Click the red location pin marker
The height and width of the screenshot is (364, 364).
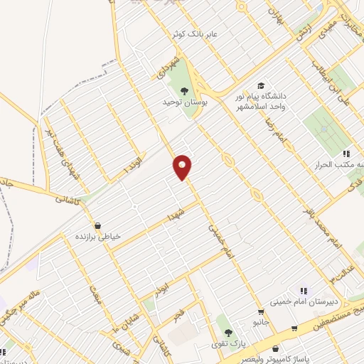pos(183,166)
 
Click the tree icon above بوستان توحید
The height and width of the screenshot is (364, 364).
pos(185,90)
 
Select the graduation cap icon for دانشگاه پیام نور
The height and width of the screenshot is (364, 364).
pos(260,85)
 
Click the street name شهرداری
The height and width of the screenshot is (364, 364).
pos(166,65)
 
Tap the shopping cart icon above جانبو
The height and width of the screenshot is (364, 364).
pos(261,311)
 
